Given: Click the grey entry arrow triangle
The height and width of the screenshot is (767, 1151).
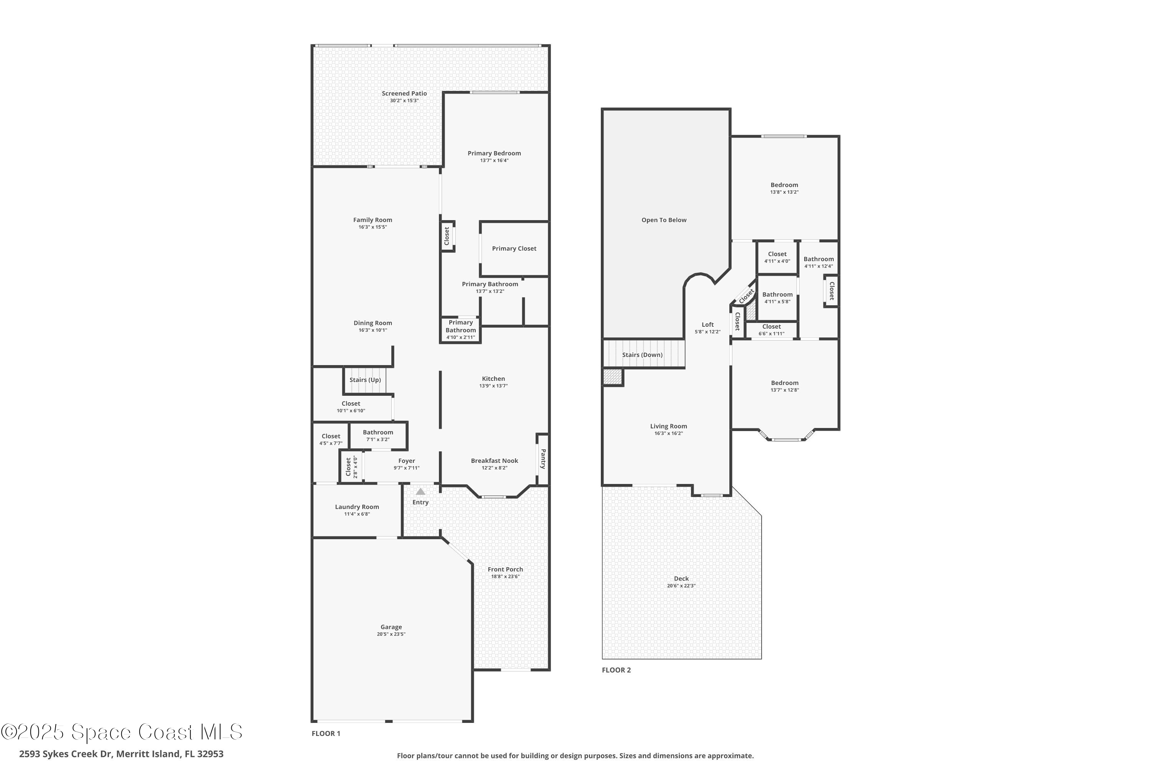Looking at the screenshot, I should pyautogui.click(x=420, y=491).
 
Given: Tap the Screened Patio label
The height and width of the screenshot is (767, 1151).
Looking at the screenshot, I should pyautogui.click(x=404, y=94).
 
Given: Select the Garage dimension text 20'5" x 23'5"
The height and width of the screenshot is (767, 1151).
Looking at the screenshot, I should pyautogui.click(x=391, y=634).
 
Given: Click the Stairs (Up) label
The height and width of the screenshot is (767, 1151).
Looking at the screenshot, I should pyautogui.click(x=365, y=380).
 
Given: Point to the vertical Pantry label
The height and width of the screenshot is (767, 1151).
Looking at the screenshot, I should pyautogui.click(x=543, y=459).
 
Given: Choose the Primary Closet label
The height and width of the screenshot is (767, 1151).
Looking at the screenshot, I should pyautogui.click(x=514, y=249).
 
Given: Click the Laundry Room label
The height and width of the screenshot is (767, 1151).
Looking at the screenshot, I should pyautogui.click(x=357, y=507).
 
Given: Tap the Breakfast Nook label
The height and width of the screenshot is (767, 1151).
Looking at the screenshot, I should pyautogui.click(x=494, y=461).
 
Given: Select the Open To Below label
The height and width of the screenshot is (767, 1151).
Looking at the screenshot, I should pyautogui.click(x=664, y=220).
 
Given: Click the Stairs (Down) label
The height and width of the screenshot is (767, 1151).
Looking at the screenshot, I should pyautogui.click(x=642, y=355).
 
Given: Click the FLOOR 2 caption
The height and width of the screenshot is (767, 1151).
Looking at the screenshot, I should pyautogui.click(x=616, y=670).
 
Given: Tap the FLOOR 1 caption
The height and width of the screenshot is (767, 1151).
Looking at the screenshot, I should pyautogui.click(x=326, y=733).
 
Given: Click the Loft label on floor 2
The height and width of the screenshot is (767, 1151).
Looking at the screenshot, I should pyautogui.click(x=707, y=324).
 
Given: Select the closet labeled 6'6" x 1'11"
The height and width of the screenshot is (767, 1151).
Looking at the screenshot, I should pyautogui.click(x=771, y=330).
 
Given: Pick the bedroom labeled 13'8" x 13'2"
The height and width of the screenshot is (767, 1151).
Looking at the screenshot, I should pyautogui.click(x=784, y=188).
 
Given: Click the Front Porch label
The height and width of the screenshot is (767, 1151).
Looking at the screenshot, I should pyautogui.click(x=505, y=569).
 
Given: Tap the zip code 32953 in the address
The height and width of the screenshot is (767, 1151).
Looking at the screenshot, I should pyautogui.click(x=209, y=754).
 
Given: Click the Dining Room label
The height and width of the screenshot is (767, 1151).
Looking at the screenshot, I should pyautogui.click(x=373, y=323).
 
